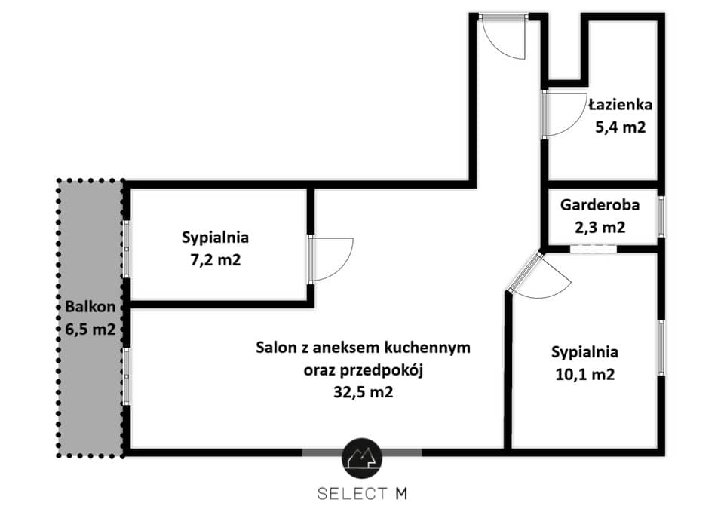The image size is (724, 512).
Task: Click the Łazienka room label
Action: (x=621, y=105)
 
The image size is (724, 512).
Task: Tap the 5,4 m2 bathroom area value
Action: (x=620, y=127)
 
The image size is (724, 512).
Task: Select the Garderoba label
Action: (x=600, y=204)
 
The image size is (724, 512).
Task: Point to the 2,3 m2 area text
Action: (x=600, y=227)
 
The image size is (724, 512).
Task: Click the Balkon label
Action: (x=90, y=307)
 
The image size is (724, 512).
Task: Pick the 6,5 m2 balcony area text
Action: (x=90, y=330)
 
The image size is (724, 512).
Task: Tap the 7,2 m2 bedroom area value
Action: (x=215, y=260)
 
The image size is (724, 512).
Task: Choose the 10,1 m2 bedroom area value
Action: (x=584, y=375)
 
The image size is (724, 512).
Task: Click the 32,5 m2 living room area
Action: (x=363, y=392)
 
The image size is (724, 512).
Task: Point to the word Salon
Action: (x=276, y=347)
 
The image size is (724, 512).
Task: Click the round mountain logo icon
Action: (x=362, y=458)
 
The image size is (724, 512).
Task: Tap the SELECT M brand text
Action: (x=363, y=494)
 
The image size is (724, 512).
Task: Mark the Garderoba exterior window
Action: (x=661, y=216)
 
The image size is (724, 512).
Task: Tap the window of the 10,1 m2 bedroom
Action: (x=661, y=348)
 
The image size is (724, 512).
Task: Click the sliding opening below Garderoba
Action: (x=594, y=250)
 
